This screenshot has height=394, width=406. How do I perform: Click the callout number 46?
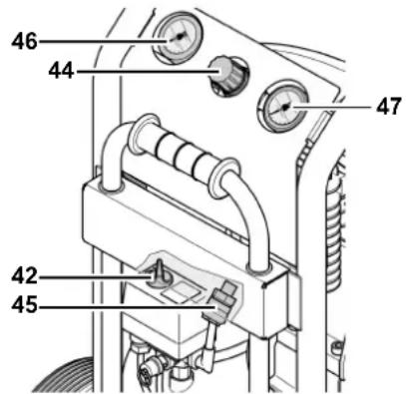(x=24, y=42)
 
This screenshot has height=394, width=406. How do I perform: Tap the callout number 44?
(x=61, y=71)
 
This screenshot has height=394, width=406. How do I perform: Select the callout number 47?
(x=388, y=107)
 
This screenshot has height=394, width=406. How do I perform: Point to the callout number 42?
(x=24, y=276)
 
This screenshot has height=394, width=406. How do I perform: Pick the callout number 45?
(x=24, y=305)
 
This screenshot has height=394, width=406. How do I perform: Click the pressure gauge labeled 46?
(x=178, y=38)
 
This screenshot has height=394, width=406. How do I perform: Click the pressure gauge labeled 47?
(x=283, y=107)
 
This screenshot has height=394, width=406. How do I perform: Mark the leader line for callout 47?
(x=330, y=107)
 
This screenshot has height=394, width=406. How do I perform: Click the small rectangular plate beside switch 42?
(x=183, y=292)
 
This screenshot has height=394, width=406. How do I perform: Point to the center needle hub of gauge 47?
(x=286, y=107)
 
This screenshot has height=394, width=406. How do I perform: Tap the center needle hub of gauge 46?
(x=180, y=37)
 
